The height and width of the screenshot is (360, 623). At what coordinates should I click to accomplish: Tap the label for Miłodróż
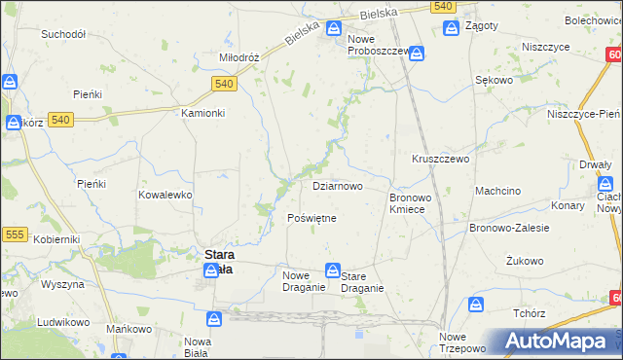[x=238, y=57]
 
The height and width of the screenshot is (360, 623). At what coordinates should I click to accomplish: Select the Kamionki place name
[x=203, y=113]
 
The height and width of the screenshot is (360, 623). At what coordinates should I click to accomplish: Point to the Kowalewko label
[x=165, y=195]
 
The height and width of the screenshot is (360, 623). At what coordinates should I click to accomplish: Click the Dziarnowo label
[x=338, y=185]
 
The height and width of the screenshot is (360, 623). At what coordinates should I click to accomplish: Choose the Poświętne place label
[x=311, y=218]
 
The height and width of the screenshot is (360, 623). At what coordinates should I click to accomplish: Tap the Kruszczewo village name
[x=441, y=158]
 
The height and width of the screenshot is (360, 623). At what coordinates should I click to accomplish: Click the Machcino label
[x=496, y=191]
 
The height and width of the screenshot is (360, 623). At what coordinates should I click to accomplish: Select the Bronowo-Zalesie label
[x=509, y=228]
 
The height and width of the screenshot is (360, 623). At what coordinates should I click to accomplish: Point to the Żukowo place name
[x=525, y=261]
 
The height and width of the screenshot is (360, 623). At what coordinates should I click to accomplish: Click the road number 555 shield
[x=15, y=234]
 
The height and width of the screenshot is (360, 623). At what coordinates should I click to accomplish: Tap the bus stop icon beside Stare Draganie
[x=333, y=270]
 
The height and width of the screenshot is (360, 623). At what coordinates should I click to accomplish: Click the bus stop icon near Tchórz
[x=476, y=306]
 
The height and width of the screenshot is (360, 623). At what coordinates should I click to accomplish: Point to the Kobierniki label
[x=56, y=238]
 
